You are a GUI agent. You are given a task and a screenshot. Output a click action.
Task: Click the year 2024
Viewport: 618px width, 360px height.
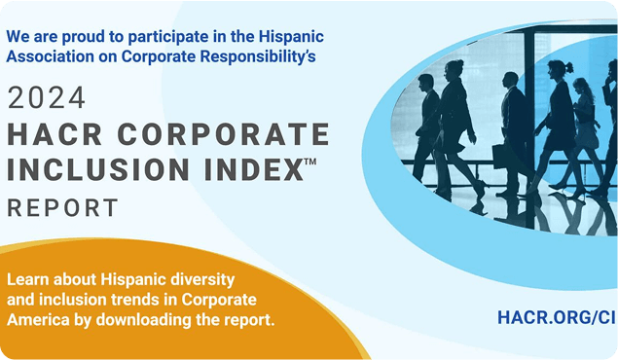coord(47,98)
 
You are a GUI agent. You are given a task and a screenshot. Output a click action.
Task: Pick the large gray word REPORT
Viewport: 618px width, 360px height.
coord(62,207)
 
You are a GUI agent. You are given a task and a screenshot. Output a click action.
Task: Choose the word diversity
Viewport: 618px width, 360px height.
coord(231,280)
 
